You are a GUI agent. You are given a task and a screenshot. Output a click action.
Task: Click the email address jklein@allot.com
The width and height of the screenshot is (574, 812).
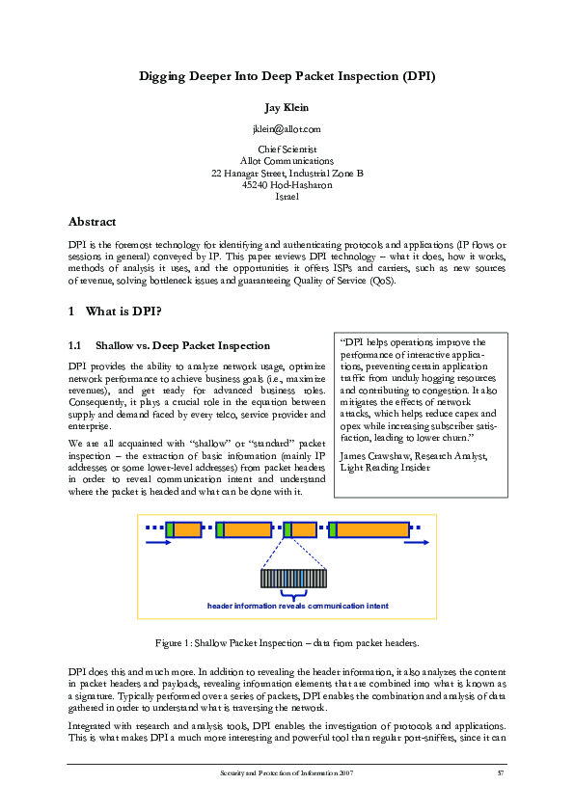287,128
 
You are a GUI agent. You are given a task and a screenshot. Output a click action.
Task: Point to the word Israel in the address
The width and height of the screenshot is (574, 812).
287,197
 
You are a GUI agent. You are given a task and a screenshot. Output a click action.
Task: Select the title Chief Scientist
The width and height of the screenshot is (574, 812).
287,149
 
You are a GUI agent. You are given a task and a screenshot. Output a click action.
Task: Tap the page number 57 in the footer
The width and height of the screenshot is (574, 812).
501,773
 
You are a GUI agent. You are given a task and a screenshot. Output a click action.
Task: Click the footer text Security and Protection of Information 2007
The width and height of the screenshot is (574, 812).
287,773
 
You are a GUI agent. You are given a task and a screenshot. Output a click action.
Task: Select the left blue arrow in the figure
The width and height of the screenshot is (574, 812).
157,543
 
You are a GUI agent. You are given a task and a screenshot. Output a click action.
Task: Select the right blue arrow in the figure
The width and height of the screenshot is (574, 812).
417,543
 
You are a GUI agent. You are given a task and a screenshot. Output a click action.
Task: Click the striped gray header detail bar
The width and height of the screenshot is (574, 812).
294,578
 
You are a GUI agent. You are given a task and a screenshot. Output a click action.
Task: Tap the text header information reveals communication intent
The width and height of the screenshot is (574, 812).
297,607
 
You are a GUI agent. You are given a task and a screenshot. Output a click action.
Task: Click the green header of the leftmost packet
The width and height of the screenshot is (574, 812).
170,528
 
